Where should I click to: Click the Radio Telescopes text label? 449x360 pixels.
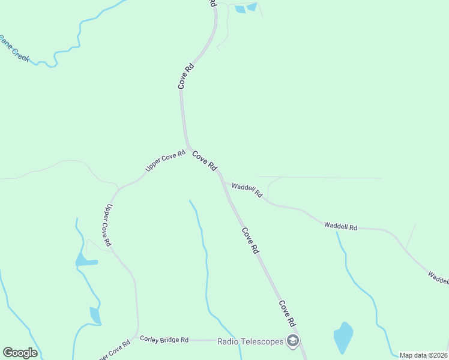250,341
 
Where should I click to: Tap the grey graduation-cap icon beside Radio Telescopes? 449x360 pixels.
292,341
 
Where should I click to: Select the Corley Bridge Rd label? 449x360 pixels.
164,340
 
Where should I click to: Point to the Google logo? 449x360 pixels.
20,353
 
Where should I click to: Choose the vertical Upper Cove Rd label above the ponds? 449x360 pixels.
108,225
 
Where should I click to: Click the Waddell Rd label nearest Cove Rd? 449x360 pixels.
247,190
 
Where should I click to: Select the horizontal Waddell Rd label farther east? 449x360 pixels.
340,227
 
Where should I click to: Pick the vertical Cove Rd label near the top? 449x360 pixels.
187,76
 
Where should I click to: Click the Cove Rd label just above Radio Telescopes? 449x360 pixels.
287,313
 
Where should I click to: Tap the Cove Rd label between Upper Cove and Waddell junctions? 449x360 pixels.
204,161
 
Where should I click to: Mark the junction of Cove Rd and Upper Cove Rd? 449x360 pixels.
188,148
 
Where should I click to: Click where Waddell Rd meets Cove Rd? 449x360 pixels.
223,181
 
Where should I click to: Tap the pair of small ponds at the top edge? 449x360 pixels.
246,8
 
